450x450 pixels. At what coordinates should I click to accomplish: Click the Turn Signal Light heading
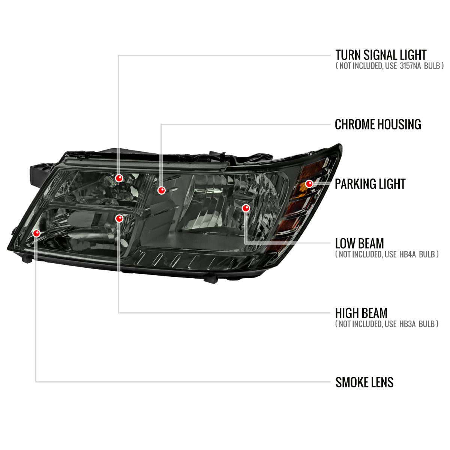pyautogui.click(x=381, y=55)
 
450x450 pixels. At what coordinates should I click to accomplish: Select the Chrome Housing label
pyautogui.click(x=378, y=124)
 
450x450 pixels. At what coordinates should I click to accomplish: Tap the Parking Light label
pyautogui.click(x=370, y=184)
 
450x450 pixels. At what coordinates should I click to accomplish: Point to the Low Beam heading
pyautogui.click(x=359, y=244)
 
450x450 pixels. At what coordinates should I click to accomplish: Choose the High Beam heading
pyautogui.click(x=361, y=313)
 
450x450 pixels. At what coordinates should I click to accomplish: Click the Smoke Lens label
pyautogui.click(x=364, y=382)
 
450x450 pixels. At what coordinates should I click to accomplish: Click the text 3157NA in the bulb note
pyautogui.click(x=410, y=66)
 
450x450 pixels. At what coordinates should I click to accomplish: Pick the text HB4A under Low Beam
pyautogui.click(x=408, y=254)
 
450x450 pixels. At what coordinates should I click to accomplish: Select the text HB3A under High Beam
pyautogui.click(x=407, y=324)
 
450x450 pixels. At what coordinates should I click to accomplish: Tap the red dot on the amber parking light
pyautogui.click(x=309, y=184)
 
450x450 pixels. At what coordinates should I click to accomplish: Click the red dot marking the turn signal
pyautogui.click(x=119, y=178)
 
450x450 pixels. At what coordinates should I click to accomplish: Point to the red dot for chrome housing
pyautogui.click(x=161, y=190)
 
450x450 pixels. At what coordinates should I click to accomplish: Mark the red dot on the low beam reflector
pyautogui.click(x=246, y=208)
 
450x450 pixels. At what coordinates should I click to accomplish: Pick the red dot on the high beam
pyautogui.click(x=119, y=218)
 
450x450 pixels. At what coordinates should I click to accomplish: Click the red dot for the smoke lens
pyautogui.click(x=36, y=233)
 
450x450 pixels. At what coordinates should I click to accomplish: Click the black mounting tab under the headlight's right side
pyautogui.click(x=211, y=279)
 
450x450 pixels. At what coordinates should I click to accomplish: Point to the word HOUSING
pyautogui.click(x=399, y=124)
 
